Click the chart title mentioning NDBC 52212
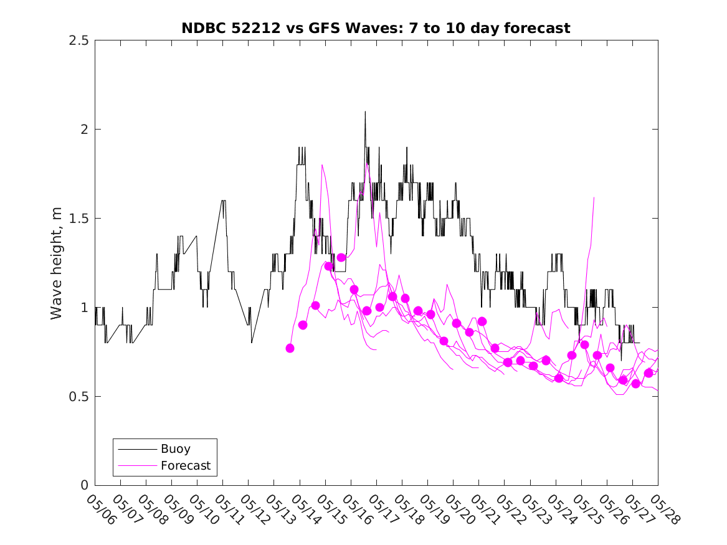tap(376, 28)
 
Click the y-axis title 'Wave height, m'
tap(56, 263)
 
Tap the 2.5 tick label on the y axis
tap(78, 40)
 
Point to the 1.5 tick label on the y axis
tap(78, 218)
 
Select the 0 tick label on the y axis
tap(84, 485)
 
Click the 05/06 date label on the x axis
tap(101, 509)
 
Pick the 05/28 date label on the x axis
tap(664, 509)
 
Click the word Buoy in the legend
tap(176, 448)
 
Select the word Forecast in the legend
tap(186, 465)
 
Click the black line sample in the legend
tap(137, 449)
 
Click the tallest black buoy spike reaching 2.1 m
tap(365, 112)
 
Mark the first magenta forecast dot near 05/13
tap(290, 348)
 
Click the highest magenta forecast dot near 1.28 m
tap(341, 257)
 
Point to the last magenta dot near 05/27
tap(649, 373)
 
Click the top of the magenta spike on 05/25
tap(594, 198)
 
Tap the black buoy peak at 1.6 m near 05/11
tap(223, 201)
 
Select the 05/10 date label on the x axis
tap(203, 509)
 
